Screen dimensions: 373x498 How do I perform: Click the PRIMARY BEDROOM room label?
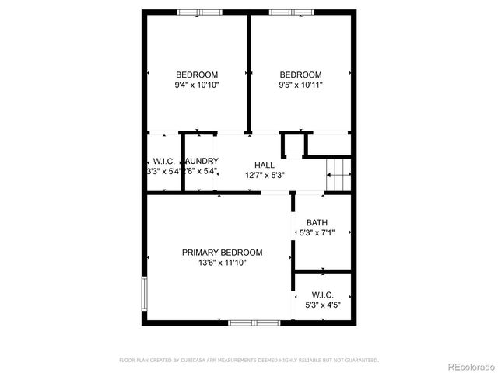222,253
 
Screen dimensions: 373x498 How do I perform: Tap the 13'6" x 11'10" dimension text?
222,263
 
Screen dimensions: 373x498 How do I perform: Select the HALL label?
264,165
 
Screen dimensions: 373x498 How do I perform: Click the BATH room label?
317,222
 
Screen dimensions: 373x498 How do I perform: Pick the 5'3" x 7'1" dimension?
317,232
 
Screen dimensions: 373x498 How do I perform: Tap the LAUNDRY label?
202,161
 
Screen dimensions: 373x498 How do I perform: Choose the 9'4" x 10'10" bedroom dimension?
197,85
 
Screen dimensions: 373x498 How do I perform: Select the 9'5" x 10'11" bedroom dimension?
300,85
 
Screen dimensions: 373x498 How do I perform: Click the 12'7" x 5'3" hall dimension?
264,175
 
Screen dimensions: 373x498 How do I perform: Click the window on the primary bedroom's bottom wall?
254,322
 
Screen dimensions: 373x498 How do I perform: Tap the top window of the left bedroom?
199,12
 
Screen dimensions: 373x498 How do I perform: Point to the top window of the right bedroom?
292,12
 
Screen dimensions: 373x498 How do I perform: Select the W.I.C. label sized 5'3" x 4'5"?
322,295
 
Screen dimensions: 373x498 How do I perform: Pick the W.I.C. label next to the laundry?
163,161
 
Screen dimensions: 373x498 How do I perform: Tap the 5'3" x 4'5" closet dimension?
322,305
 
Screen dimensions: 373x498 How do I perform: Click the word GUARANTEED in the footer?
363,360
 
